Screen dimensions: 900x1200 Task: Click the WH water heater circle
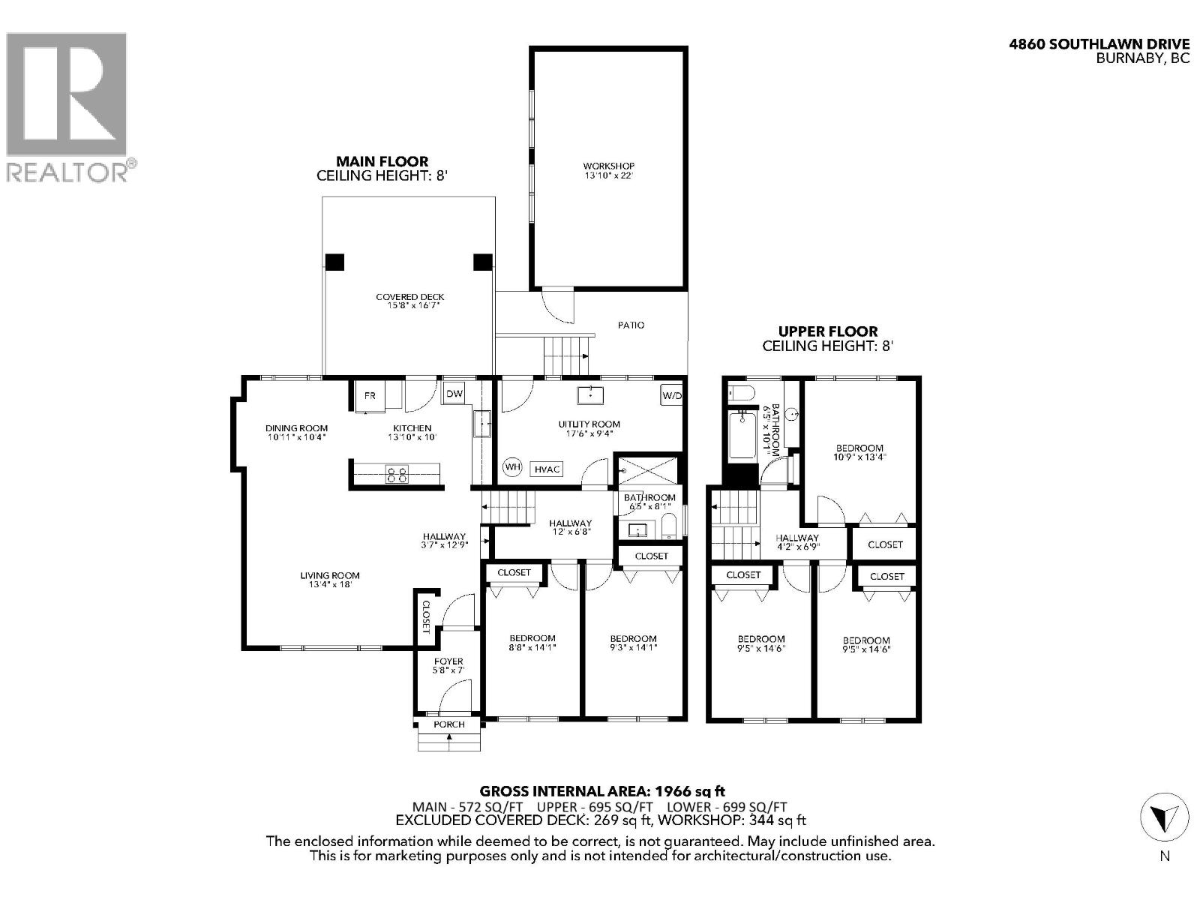point(512,467)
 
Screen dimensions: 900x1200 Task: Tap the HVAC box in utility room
point(547,469)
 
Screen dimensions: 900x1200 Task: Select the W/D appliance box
point(671,395)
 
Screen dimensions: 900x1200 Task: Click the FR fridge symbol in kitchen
point(370,396)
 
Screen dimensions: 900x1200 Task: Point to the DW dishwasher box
point(454,393)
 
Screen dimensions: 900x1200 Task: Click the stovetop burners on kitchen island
point(397,474)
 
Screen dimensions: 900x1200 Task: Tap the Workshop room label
point(608,170)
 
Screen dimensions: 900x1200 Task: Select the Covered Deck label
point(410,301)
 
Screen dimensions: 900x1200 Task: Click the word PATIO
point(631,325)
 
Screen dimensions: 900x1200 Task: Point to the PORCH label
point(449,724)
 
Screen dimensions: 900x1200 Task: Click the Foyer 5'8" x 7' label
point(448,665)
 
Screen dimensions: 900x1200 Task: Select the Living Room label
point(330,579)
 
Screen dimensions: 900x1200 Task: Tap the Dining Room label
point(296,432)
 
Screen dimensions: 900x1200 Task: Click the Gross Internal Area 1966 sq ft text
point(602,790)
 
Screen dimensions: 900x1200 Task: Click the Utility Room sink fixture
point(592,394)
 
